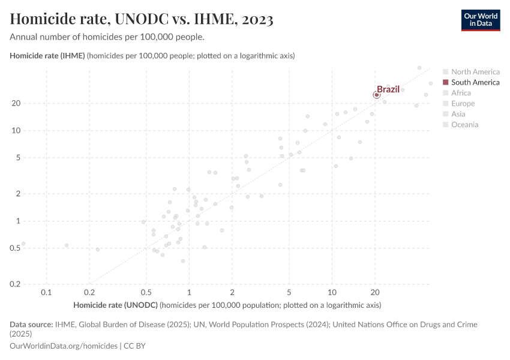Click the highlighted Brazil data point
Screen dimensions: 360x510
(376, 95)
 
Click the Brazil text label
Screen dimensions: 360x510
(388, 89)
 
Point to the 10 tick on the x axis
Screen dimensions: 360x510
(332, 292)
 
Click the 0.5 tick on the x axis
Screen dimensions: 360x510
(146, 292)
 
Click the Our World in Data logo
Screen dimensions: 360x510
(480, 20)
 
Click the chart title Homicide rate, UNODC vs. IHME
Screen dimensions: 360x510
(142, 20)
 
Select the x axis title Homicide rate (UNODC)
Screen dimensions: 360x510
(115, 305)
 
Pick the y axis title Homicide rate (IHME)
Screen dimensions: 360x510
(48, 56)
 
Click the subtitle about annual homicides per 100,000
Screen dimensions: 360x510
(107, 37)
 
